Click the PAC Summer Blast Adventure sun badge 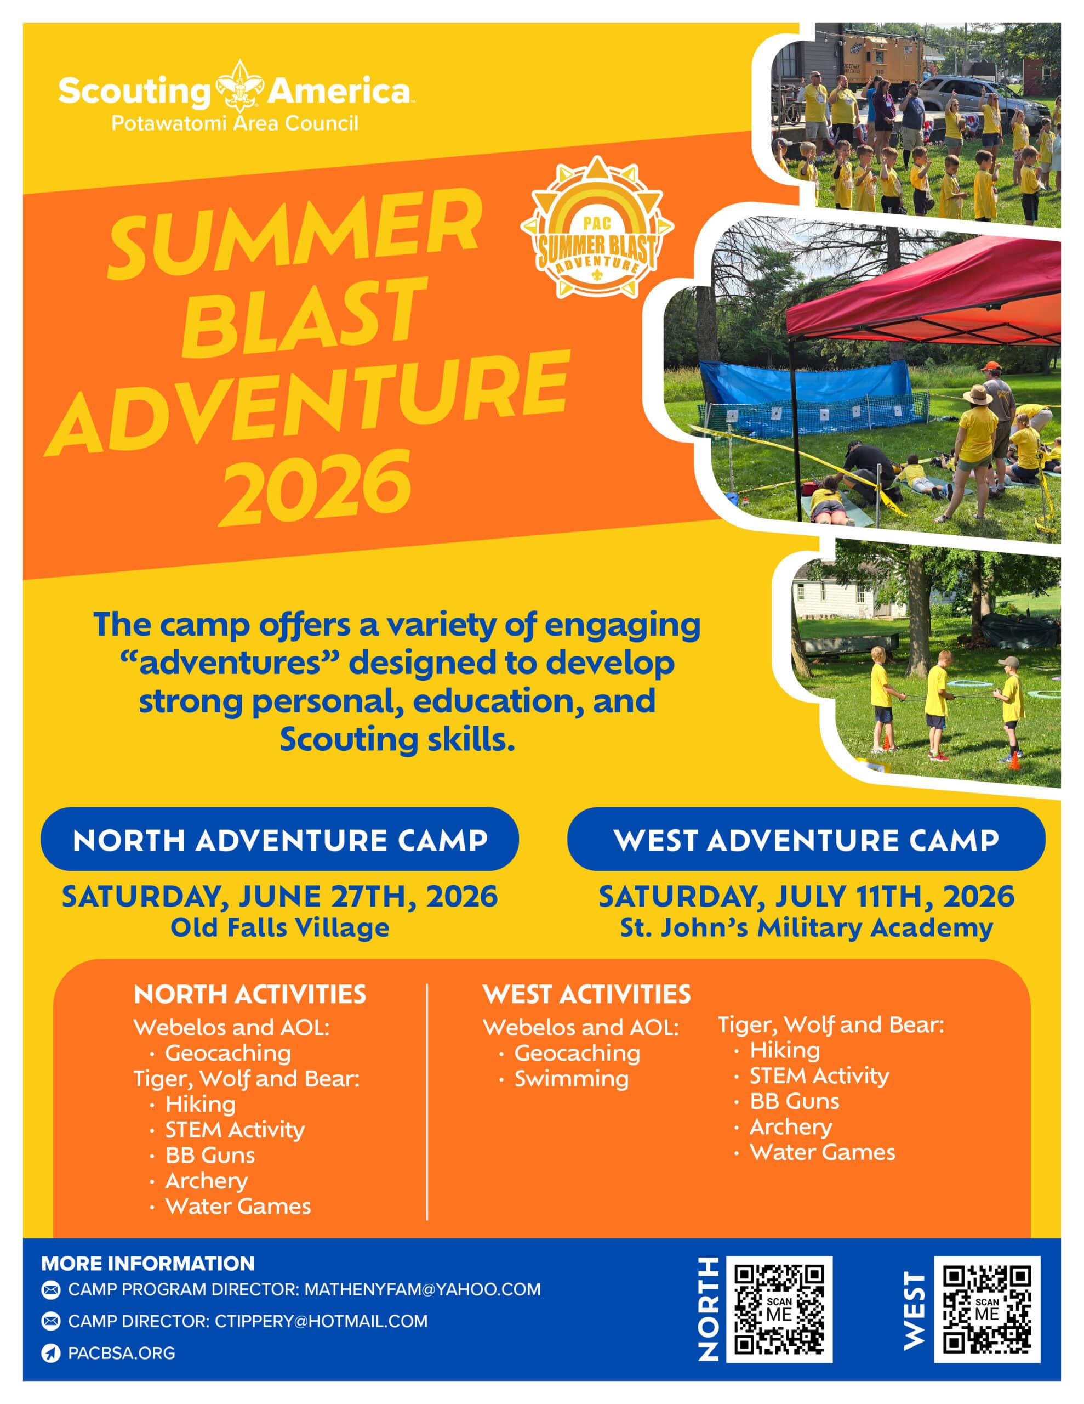tap(597, 228)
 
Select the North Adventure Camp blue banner tap(279, 839)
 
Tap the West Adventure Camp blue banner tap(806, 839)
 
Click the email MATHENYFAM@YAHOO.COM tap(422, 1289)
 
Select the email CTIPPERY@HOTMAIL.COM tap(321, 1321)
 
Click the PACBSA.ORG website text tap(122, 1352)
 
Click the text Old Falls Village tap(279, 927)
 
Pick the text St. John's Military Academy tap(806, 927)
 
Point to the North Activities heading tap(250, 994)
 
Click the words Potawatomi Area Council tap(235, 123)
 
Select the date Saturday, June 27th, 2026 tap(279, 897)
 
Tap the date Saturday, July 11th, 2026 tap(806, 897)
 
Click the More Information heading tap(148, 1263)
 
